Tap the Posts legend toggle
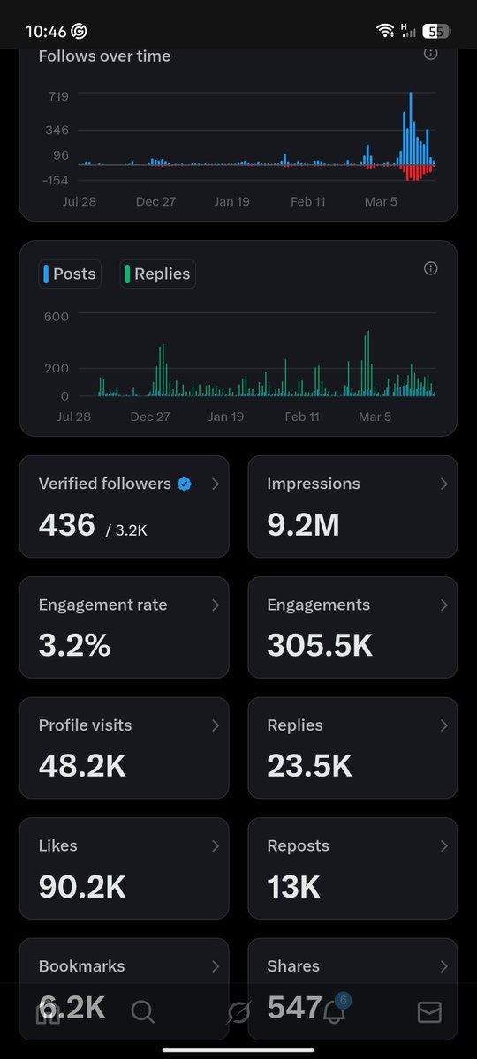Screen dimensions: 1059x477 pos(70,274)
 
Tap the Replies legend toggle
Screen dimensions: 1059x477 pos(157,274)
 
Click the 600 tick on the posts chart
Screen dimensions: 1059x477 pos(57,315)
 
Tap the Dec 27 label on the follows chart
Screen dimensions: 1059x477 pos(155,201)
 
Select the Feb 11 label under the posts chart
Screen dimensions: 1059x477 pos(302,417)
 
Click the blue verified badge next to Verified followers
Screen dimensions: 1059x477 pos(185,484)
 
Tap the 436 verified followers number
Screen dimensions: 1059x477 pos(67,525)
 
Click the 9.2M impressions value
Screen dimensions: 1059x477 pos(303,525)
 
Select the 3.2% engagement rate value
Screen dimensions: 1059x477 pos(74,645)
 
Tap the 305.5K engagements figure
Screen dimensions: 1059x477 pos(320,645)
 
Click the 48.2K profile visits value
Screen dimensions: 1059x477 pos(82,766)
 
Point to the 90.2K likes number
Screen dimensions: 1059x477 pos(83,886)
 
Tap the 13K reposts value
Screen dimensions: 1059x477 pos(293,886)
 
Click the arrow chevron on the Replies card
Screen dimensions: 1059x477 pos(443,725)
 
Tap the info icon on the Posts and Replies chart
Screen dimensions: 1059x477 pos(431,268)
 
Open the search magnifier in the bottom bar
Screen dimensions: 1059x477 pos(142,1011)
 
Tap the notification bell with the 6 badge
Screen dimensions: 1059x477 pos(334,1011)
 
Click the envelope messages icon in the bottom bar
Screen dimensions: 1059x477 pos(429,1011)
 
